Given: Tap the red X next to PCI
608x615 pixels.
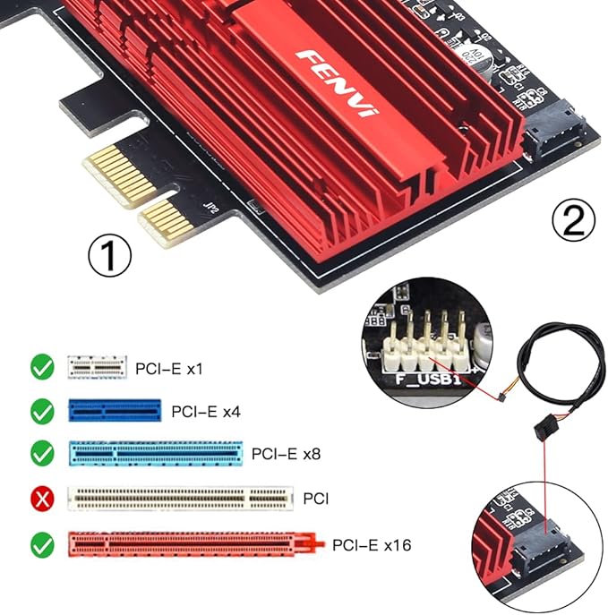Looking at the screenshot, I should (x=41, y=498).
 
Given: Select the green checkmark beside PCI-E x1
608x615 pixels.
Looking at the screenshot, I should (x=41, y=366).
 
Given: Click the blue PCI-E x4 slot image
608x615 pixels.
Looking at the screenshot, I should (x=115, y=411).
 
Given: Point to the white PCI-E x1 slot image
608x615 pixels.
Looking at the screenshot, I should (x=97, y=366).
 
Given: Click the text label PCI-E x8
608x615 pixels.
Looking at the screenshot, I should (x=286, y=454).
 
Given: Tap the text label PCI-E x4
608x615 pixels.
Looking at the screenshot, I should (x=206, y=412).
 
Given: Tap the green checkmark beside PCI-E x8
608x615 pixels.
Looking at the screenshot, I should (x=41, y=454).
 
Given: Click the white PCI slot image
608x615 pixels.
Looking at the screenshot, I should (x=180, y=498).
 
